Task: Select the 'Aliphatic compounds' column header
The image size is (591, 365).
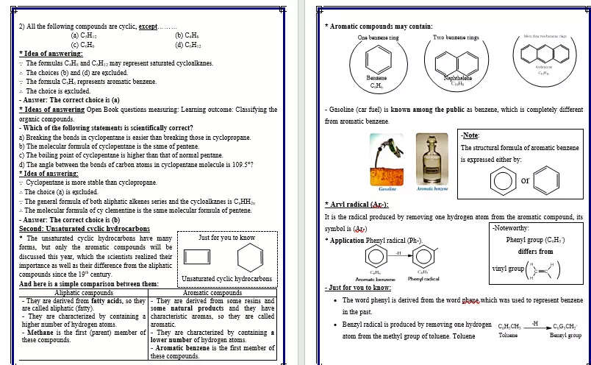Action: (x=84, y=293)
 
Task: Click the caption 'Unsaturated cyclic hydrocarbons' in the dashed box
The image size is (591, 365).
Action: (x=226, y=279)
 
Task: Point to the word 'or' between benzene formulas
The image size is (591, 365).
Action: (x=525, y=180)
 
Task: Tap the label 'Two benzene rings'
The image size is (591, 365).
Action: (x=456, y=37)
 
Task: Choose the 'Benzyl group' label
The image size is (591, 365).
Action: (x=565, y=335)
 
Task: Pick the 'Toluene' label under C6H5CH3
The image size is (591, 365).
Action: (x=508, y=335)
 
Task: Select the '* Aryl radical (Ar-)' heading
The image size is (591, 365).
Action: (x=357, y=205)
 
